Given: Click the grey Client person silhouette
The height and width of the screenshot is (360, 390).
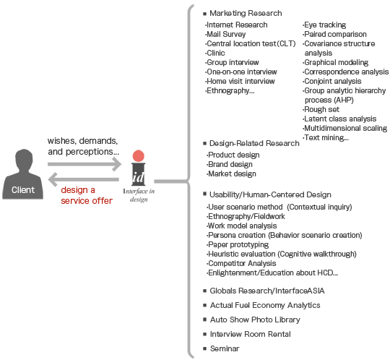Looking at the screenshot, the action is click(x=22, y=177).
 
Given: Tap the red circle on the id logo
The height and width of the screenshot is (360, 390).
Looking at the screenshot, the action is click(x=139, y=156).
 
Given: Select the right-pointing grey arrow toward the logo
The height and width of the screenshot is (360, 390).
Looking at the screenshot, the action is click(x=84, y=164).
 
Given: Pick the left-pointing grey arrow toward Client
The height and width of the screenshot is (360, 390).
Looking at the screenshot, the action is click(x=83, y=179).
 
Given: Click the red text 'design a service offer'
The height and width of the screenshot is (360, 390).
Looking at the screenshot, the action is click(x=87, y=195).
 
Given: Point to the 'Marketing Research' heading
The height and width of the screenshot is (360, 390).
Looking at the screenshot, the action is click(x=246, y=13).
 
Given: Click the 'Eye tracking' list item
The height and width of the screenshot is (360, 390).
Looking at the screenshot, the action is click(x=324, y=25).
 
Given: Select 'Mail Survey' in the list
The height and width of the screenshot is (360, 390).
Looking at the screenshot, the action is click(x=225, y=34).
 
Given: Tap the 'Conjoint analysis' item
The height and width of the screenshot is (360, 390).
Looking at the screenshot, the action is click(x=332, y=81).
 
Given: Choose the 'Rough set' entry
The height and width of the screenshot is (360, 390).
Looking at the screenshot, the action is click(x=321, y=109).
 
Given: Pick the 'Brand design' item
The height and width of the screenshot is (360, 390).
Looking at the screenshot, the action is click(x=230, y=164).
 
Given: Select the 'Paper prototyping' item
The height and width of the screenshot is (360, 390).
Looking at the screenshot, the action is click(x=238, y=245).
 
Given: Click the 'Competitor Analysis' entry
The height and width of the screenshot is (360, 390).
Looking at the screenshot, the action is click(x=241, y=263).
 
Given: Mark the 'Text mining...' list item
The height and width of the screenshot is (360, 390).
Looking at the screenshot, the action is click(x=326, y=137).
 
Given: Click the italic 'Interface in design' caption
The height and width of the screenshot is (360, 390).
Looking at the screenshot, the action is click(x=139, y=195).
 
